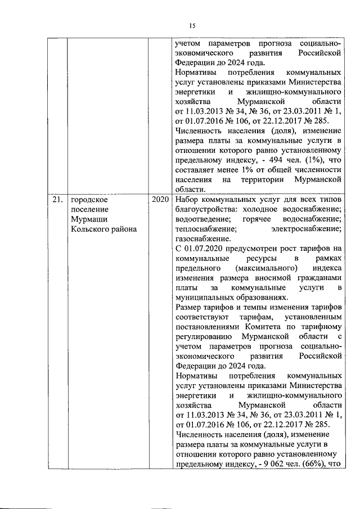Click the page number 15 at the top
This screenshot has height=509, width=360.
pyautogui.click(x=191, y=25)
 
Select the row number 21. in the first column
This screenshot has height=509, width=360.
pyautogui.click(x=55, y=200)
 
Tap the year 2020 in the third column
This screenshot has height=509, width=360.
pyautogui.click(x=160, y=200)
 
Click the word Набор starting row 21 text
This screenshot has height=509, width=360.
pyautogui.click(x=187, y=200)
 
